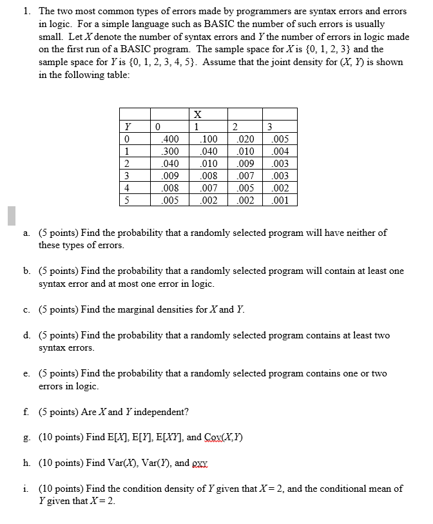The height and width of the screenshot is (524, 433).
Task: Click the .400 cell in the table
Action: tap(171, 139)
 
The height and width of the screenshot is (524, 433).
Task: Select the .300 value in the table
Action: tap(171, 151)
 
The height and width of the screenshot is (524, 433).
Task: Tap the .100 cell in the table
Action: tap(209, 139)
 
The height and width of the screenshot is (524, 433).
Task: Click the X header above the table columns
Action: tap(197, 114)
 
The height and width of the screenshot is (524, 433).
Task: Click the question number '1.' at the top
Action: tap(26, 12)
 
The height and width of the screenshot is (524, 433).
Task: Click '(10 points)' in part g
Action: tap(63, 437)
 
